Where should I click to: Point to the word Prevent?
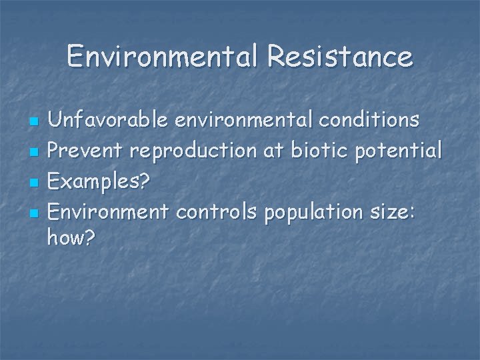[86, 151]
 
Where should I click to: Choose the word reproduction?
[188, 151]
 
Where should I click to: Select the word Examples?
[97, 182]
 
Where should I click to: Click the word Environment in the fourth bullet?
[109, 212]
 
